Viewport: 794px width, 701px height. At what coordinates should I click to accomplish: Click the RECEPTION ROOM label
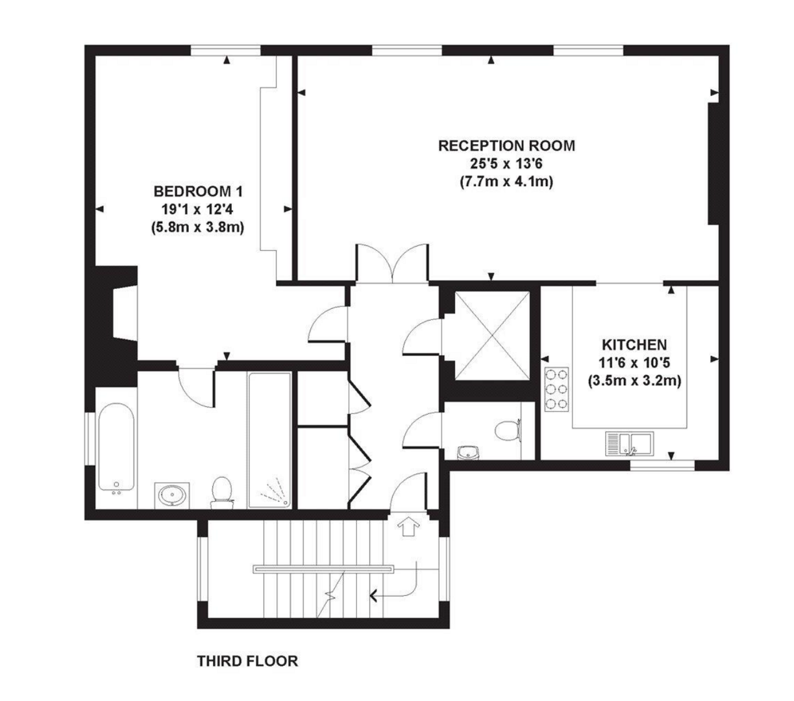coord(506,145)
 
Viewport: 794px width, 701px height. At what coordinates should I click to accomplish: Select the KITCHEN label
coord(634,345)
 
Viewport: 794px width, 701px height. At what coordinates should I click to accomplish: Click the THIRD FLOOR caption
coord(247,661)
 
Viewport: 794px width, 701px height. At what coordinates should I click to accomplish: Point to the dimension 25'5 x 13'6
coord(506,164)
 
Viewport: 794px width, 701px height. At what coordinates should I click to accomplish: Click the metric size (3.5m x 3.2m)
coord(634,382)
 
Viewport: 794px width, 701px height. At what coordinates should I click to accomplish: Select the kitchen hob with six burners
coord(557,389)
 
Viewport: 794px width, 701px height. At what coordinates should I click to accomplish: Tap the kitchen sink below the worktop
coord(632,443)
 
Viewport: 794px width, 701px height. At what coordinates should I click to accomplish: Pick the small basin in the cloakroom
coord(467,452)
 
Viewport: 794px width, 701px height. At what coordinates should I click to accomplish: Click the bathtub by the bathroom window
coord(117,448)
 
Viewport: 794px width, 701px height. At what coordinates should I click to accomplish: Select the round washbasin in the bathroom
coord(172,495)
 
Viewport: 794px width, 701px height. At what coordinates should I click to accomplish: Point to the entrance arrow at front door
coord(408,525)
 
